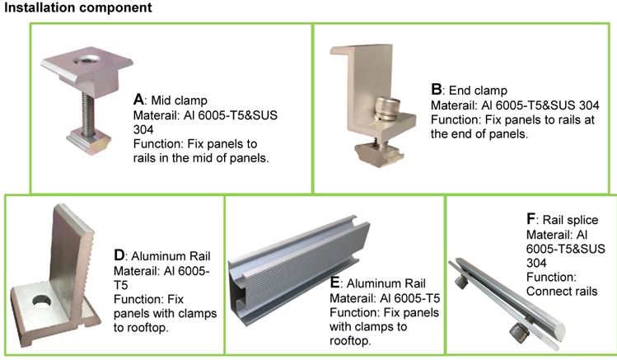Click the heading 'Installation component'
[x=78, y=8]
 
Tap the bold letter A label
[x=138, y=100]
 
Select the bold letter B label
[x=436, y=90]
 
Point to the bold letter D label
[x=119, y=255]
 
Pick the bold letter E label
[x=335, y=283]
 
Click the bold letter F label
[x=531, y=219]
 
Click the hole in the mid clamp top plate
[x=86, y=59]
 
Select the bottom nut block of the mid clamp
[x=88, y=141]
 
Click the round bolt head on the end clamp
[x=387, y=109]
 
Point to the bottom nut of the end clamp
[x=379, y=155]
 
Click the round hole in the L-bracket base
[x=42, y=301]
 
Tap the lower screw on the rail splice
[x=520, y=333]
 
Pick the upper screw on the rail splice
[x=461, y=282]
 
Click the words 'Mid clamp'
[x=179, y=101]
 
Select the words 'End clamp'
[x=478, y=91]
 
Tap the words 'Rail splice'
[x=570, y=219]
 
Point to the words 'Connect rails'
[x=562, y=291]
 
